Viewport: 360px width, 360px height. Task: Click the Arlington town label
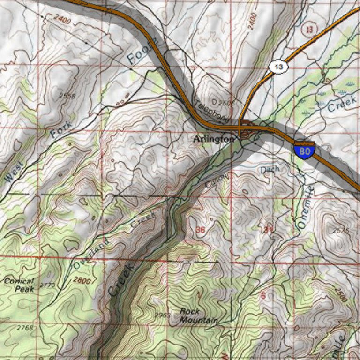coord(213,139)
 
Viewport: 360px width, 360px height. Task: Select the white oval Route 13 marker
coord(279,67)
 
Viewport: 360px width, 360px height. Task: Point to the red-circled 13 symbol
coord(308,29)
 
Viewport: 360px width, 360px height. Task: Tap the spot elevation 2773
coord(47,285)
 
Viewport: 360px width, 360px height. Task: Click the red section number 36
coord(200,230)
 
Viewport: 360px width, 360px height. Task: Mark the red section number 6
coord(263,295)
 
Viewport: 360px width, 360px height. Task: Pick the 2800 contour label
coord(81,280)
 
